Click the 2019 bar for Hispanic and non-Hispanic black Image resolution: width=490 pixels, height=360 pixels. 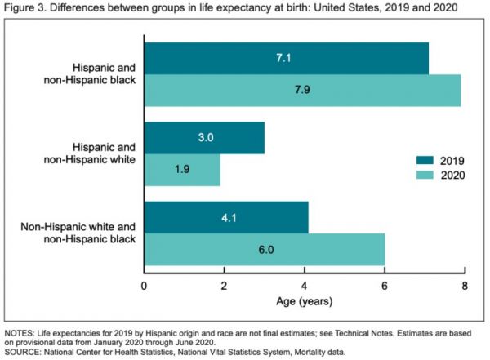(286, 58)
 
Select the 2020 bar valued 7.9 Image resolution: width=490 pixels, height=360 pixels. (302, 89)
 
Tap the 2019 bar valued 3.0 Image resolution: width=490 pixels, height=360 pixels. (204, 138)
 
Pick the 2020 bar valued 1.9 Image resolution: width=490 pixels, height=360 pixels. (182, 169)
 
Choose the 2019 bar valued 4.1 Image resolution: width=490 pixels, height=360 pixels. (226, 218)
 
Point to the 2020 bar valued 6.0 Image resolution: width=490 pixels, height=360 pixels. (264, 249)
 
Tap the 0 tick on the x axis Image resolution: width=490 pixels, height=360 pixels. (145, 286)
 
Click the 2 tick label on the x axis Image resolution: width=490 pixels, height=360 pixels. (225, 286)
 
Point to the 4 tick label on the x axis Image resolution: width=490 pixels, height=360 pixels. (305, 286)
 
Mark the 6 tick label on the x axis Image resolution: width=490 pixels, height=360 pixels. (385, 286)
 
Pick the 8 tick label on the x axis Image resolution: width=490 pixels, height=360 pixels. (465, 286)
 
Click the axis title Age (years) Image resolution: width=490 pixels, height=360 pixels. (305, 302)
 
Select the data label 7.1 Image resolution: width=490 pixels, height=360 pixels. (285, 58)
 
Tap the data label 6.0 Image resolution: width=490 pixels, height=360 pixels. (263, 249)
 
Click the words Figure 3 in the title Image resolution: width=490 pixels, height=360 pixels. (25, 9)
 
